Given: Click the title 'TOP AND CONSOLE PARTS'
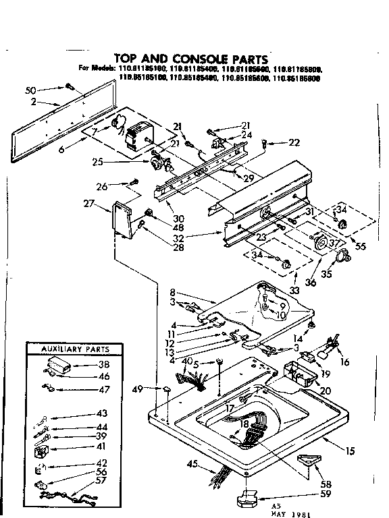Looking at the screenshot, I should click(190, 59).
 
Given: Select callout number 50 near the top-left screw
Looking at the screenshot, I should click(30, 90).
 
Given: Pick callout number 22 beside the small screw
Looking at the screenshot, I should click(293, 142).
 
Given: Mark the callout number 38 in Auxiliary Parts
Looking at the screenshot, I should click(103, 365).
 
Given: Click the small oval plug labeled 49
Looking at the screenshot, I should click(165, 389).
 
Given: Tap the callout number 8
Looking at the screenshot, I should click(173, 293).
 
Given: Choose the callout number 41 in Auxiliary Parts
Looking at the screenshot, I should click(102, 447).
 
